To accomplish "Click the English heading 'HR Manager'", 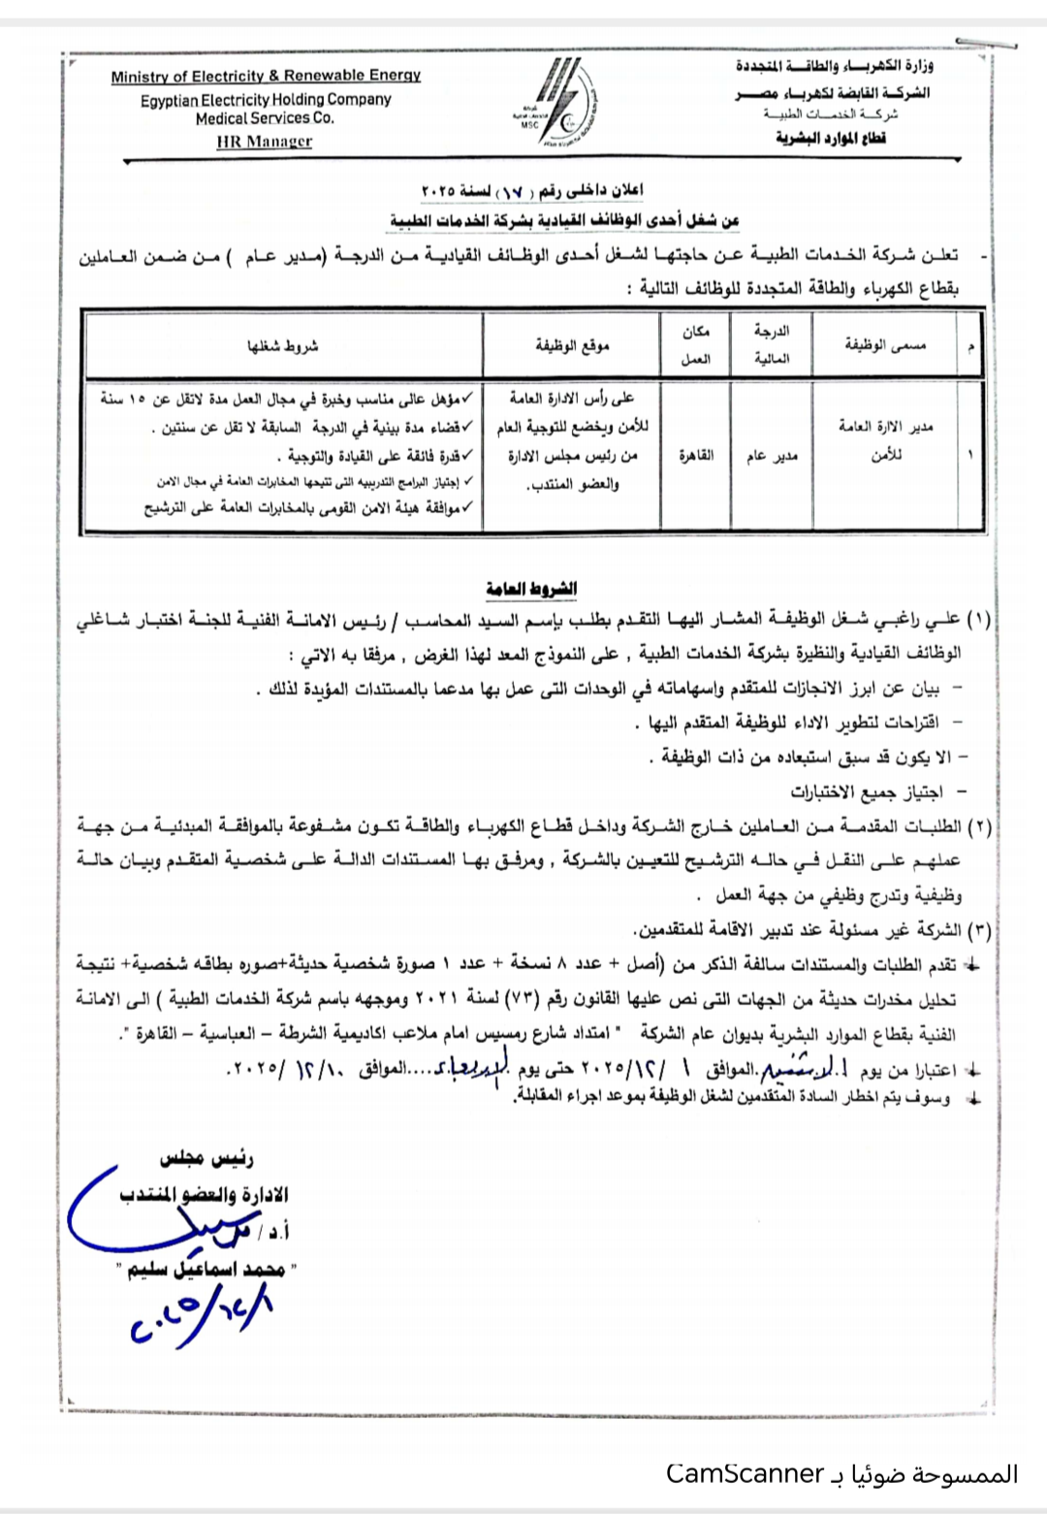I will click(x=265, y=142).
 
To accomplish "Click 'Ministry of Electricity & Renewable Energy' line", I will click(x=266, y=76).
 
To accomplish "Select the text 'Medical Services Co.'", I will click(x=265, y=117).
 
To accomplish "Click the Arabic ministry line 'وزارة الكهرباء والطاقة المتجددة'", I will click(x=833, y=67).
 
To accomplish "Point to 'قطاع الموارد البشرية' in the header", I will click(x=831, y=138).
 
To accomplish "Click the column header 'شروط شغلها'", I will click(x=282, y=345).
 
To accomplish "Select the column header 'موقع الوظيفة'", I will click(x=572, y=345).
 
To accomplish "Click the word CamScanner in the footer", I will click(x=745, y=1474).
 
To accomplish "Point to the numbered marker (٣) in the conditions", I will click(x=977, y=930).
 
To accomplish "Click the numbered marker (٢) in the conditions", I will click(x=977, y=826).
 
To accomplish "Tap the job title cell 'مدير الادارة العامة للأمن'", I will click(x=886, y=440).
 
